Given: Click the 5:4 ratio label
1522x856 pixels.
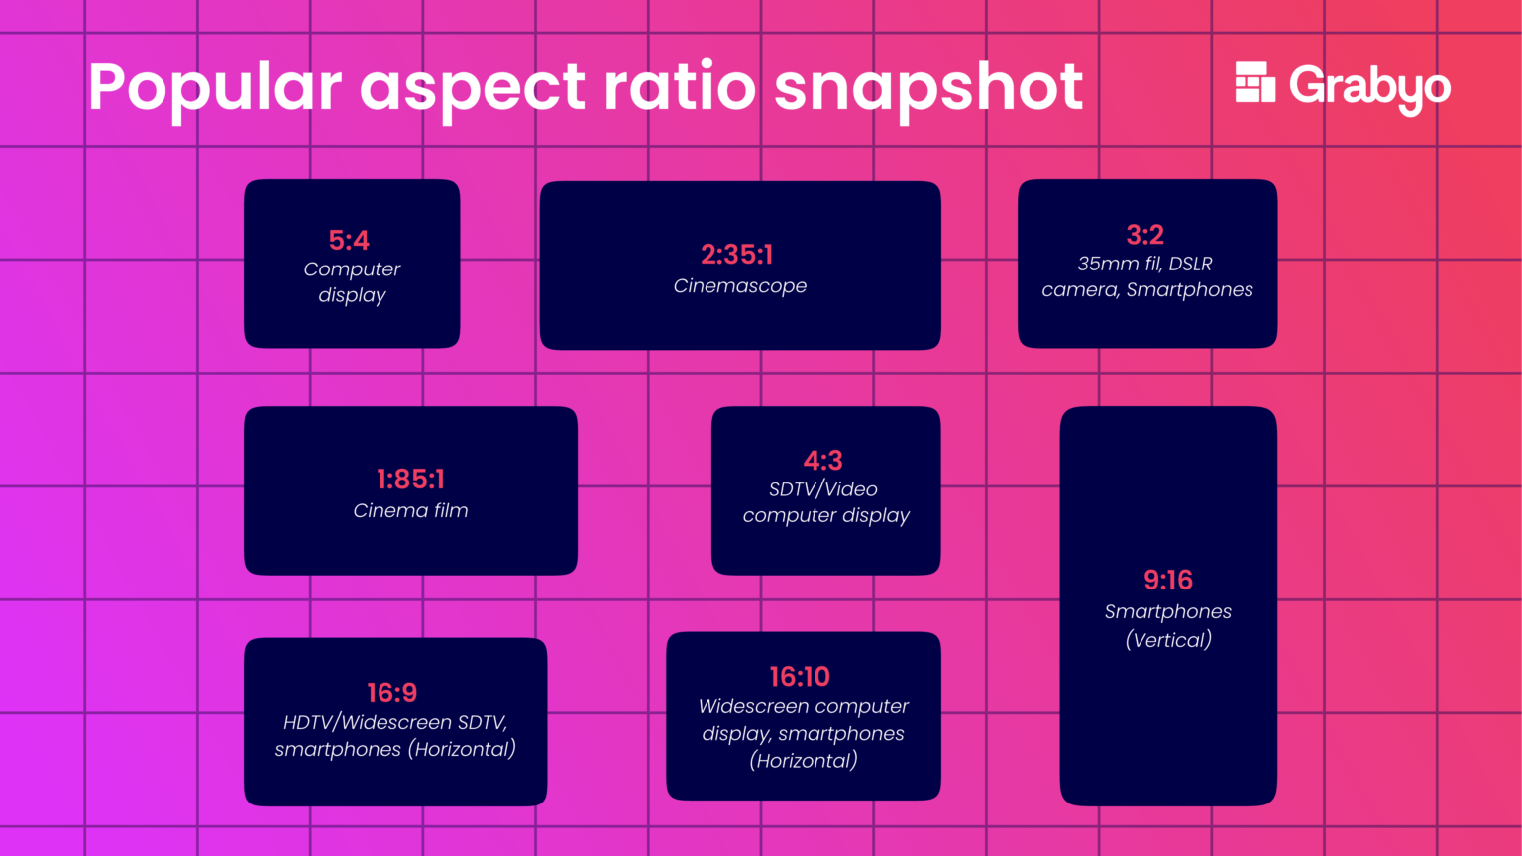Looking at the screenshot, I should (349, 240).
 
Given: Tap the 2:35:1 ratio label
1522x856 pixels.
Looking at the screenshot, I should (736, 255).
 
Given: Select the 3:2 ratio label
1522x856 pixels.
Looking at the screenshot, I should (1144, 235).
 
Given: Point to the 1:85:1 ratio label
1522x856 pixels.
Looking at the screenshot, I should (410, 480).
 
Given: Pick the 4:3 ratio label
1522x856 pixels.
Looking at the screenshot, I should (822, 461).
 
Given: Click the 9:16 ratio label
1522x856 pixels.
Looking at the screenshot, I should (1167, 580).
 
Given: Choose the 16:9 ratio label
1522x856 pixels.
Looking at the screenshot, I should (391, 693).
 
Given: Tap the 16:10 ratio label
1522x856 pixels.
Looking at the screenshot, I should (800, 677).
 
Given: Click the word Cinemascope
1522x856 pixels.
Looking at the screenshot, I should (740, 286).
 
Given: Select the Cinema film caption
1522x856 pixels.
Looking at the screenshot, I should (410, 511).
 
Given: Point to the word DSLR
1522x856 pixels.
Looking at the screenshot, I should (1190, 265).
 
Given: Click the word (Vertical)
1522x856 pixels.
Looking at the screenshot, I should (1168, 640).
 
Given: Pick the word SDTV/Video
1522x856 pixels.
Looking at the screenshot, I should (823, 489).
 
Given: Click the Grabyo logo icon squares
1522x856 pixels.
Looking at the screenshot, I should (1254, 83).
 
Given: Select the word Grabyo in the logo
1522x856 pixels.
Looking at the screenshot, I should (1369, 87).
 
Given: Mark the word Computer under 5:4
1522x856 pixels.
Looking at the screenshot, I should (352, 269).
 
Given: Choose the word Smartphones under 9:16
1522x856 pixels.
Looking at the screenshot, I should (1168, 612).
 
